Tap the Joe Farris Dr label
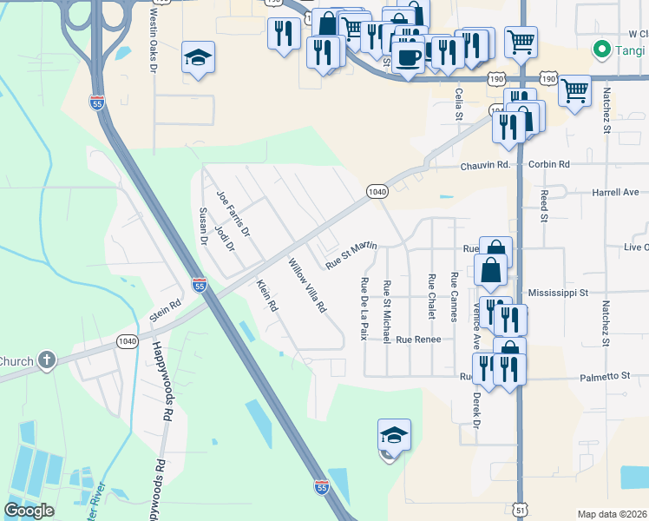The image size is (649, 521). pos(233,215)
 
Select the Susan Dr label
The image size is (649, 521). pos(204,228)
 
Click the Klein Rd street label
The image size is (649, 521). pos(266,296)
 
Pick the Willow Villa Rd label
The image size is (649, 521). pos(307,286)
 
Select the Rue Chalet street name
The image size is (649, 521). pos(431,296)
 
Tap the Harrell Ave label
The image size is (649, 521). pos(615,192)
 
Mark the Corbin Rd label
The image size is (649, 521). pos(552,164)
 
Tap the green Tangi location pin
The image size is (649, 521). pos(599,49)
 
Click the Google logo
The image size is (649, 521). pos(29,511)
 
